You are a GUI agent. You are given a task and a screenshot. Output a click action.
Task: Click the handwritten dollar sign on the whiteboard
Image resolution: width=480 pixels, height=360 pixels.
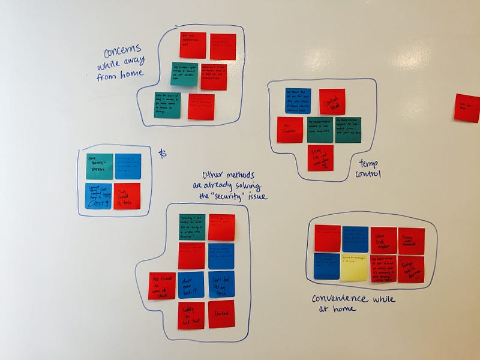point(162,154)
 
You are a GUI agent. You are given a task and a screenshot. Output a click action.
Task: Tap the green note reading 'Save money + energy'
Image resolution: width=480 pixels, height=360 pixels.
point(99,167)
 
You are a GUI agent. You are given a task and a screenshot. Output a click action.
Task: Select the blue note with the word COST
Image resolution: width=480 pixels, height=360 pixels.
point(99,196)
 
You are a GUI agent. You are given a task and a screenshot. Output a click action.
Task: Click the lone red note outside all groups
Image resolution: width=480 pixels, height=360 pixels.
point(467,108)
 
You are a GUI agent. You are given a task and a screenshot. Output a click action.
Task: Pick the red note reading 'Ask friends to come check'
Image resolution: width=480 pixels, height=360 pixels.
point(162,286)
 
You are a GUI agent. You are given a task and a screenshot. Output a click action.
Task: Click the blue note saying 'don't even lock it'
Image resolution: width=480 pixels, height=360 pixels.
point(191,285)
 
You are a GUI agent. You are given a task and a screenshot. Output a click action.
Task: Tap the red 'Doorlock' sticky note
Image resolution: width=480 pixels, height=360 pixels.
point(221,314)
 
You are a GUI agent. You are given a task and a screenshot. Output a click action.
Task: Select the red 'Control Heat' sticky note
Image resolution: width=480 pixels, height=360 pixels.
point(332,101)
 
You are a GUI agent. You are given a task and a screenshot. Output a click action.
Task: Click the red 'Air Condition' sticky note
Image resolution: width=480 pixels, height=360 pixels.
point(290,130)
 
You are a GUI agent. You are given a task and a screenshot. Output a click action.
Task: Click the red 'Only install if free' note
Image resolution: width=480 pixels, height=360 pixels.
point(127,196)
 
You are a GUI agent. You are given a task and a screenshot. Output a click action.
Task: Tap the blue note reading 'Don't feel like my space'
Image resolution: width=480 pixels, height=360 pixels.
point(221,284)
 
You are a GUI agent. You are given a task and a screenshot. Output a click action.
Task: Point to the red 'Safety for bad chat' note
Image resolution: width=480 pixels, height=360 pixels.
point(191,315)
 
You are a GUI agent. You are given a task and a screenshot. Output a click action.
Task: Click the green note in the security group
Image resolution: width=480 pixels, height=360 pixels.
point(191,227)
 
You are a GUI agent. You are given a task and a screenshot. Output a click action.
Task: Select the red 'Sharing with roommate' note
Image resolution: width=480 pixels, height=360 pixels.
point(410,241)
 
